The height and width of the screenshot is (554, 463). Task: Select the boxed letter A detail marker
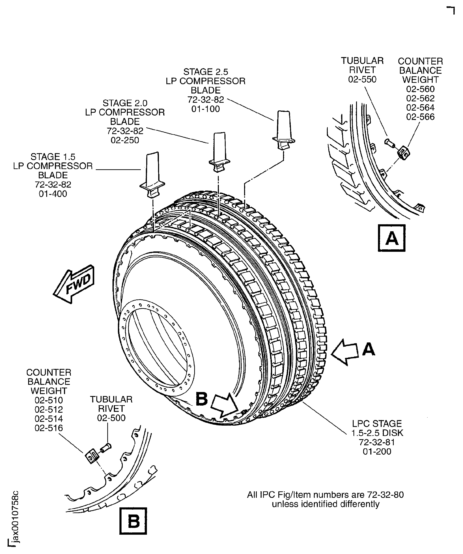(x=392, y=238)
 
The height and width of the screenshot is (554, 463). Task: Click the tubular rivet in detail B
(x=106, y=448)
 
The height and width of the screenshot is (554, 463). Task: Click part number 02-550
(x=362, y=79)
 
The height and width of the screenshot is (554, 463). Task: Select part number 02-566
(x=420, y=117)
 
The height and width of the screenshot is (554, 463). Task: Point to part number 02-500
(x=111, y=418)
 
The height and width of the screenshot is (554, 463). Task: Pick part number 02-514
(x=49, y=419)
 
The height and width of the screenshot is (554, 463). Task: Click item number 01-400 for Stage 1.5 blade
(x=53, y=194)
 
